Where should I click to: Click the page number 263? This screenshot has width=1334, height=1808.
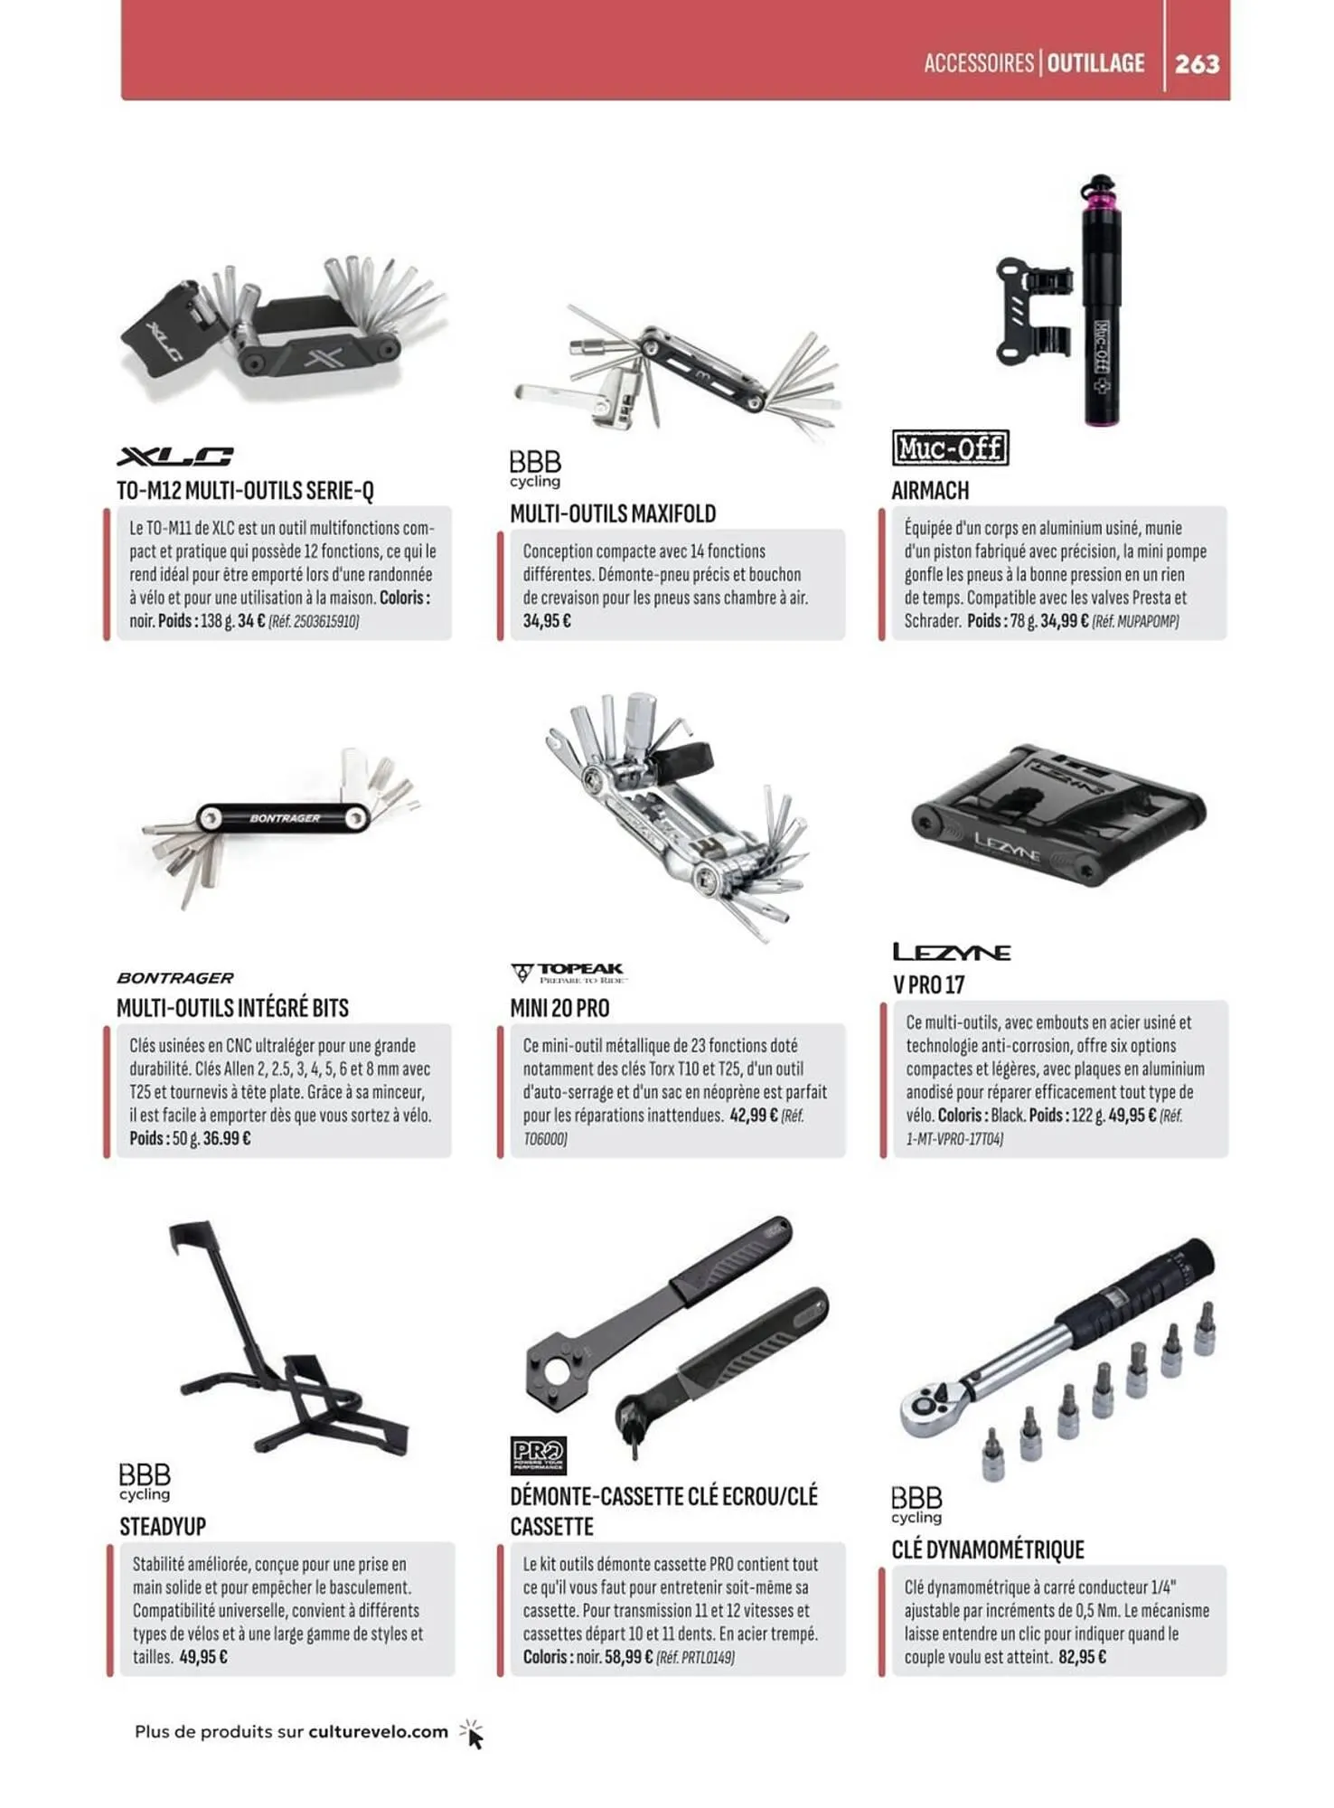pyautogui.click(x=1198, y=64)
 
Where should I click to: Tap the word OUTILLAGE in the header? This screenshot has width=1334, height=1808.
pyautogui.click(x=1096, y=63)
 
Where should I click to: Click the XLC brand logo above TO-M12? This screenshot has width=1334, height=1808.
pyautogui.click(x=175, y=457)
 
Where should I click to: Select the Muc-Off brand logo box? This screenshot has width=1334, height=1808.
pyautogui.click(x=950, y=448)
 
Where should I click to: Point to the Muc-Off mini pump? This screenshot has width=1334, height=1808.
pyautogui.click(x=1101, y=300)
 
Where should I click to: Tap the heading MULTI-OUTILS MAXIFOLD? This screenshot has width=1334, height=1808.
pyautogui.click(x=613, y=514)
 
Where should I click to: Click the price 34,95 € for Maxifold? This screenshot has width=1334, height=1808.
pyautogui.click(x=547, y=621)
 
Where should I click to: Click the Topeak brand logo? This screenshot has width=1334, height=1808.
pyautogui.click(x=569, y=973)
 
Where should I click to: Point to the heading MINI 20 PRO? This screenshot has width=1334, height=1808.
pyautogui.click(x=559, y=1008)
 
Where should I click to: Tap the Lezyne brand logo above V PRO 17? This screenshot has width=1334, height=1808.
pyautogui.click(x=952, y=952)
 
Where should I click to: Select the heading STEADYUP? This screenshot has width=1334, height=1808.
pyautogui.click(x=163, y=1527)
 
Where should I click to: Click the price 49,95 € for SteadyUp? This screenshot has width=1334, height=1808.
pyautogui.click(x=203, y=1657)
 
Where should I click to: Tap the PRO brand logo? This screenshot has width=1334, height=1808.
pyautogui.click(x=538, y=1455)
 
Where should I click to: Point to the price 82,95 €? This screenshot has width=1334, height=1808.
pyautogui.click(x=1082, y=1657)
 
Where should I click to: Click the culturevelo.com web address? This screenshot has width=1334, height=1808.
pyautogui.click(x=378, y=1732)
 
